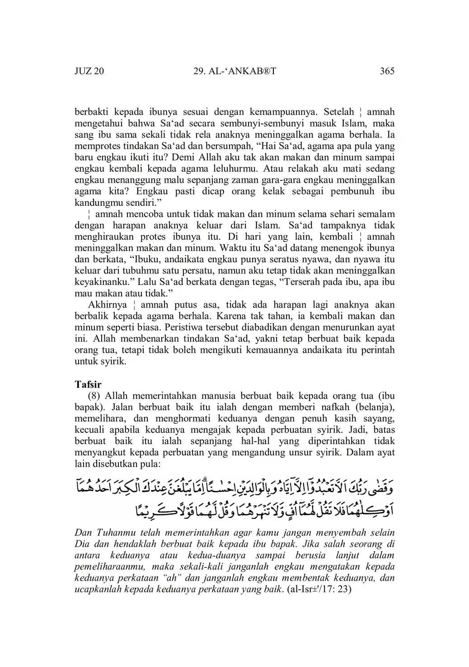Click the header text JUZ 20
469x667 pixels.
tap(89, 71)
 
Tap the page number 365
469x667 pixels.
tap(387, 71)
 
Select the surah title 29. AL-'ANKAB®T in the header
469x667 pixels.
tap(234, 71)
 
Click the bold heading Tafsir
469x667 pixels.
tap(88, 384)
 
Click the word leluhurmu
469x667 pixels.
tap(236, 168)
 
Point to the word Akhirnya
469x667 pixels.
tap(107, 304)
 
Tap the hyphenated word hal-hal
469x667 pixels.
tap(252, 441)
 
